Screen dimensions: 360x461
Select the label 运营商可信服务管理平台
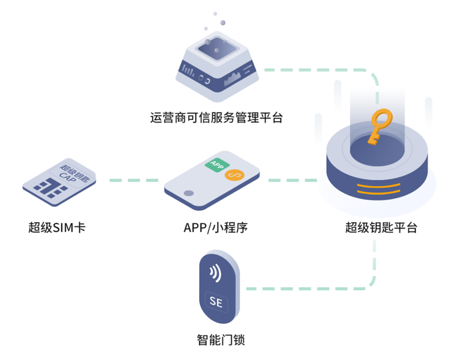pos(216,118)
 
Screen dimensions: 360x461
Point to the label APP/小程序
pos(216,227)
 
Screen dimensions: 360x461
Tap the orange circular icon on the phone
pos(234,175)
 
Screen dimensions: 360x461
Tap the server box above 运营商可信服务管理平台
pos(216,64)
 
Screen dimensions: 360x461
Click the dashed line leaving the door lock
pos(305,287)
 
